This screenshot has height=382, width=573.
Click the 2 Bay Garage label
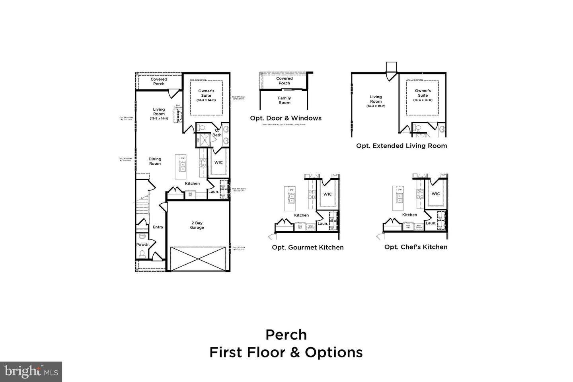click(197, 225)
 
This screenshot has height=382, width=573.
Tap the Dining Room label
click(155, 161)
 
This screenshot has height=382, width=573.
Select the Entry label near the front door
click(158, 227)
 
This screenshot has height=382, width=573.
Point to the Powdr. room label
click(142, 244)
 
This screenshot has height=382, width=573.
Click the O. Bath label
click(217, 133)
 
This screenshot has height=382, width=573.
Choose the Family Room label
click(285, 100)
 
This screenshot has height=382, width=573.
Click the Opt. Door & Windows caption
click(286, 118)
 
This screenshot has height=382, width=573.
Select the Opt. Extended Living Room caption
click(401, 146)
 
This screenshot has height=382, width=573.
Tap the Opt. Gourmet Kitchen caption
click(308, 247)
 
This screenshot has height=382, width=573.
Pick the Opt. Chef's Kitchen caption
click(416, 247)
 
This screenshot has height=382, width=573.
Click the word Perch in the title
click(286, 335)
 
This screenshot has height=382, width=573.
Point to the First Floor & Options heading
click(286, 353)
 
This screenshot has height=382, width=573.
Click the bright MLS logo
click(31, 372)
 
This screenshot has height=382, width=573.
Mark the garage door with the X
click(197, 259)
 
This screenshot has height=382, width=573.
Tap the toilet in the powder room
click(142, 253)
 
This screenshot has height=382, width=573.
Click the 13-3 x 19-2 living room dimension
click(376, 106)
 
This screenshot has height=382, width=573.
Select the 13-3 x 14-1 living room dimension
click(159, 119)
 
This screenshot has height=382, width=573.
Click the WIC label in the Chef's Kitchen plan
click(436, 194)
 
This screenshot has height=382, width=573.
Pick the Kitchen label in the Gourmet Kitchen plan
click(301, 215)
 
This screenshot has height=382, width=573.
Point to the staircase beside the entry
click(142, 207)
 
